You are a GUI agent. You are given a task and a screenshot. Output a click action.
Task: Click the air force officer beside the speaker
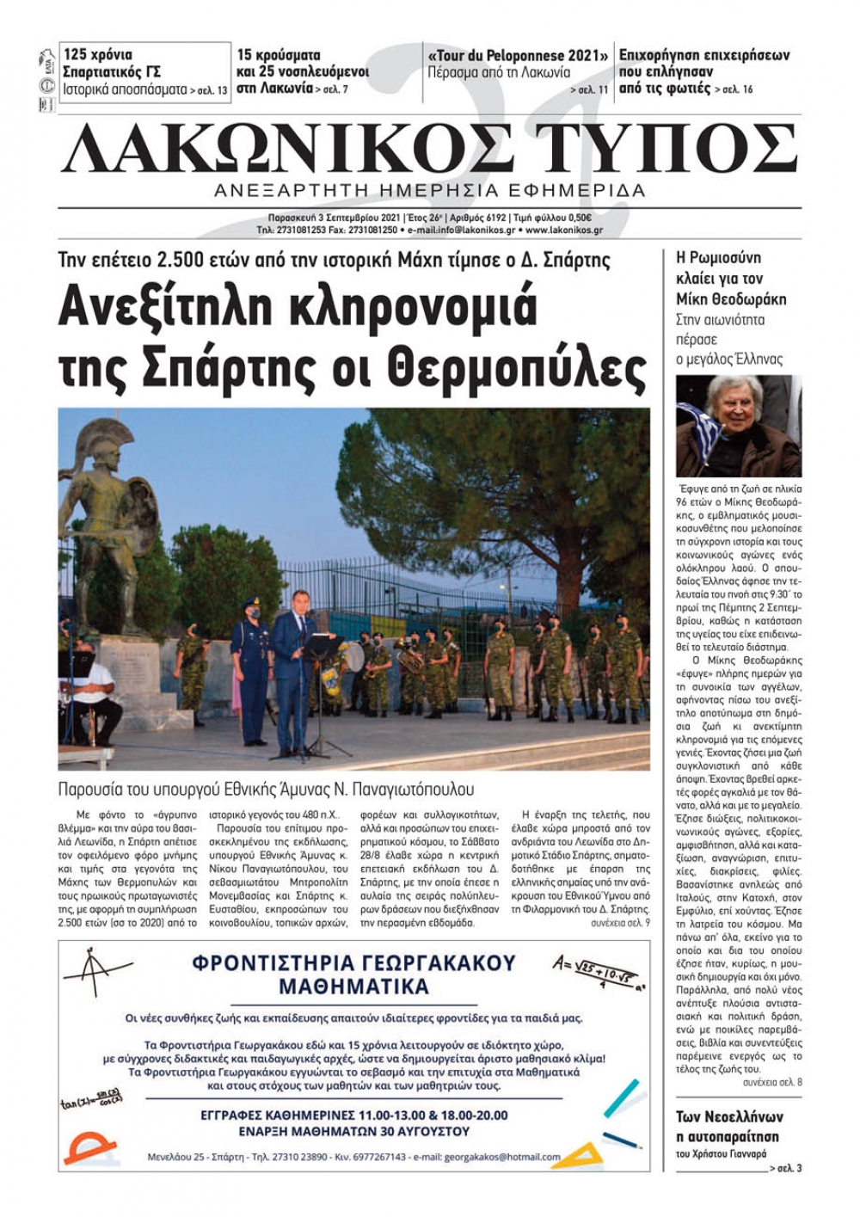pyautogui.click(x=252, y=671)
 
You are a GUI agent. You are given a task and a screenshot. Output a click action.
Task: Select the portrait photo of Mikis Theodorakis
pyautogui.click(x=738, y=427)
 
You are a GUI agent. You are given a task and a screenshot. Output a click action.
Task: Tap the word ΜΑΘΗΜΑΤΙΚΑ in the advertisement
pyautogui.click(x=353, y=987)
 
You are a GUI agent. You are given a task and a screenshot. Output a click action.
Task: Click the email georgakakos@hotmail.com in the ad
pyautogui.click(x=502, y=1157)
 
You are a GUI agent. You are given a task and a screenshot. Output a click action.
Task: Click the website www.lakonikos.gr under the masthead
pyautogui.click(x=563, y=230)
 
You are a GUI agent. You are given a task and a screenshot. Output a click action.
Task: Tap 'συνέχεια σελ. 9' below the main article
pyautogui.click(x=620, y=922)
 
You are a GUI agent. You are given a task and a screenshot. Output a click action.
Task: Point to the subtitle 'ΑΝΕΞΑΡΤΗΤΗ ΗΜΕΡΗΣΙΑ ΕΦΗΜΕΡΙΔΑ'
pyautogui.click(x=430, y=190)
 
